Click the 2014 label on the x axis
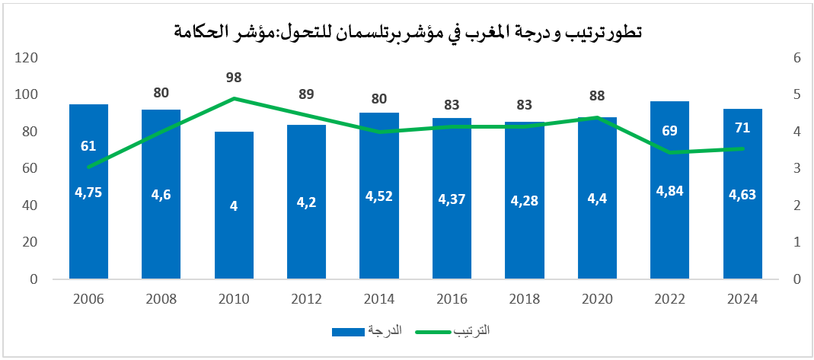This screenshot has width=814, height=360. coord(379,298)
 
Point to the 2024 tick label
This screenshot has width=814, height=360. coord(742,298)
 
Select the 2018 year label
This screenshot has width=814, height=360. coord(525,298)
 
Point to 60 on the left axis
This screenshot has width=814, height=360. coord(30,168)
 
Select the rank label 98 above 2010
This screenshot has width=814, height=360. coord(234,78)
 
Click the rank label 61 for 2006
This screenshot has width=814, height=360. coord(88,145)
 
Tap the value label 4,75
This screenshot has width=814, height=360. coord(88,192)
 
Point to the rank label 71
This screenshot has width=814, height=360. coord(742,127)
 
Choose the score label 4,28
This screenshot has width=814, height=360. coord(525,200)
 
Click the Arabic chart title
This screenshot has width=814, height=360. coord(407,32)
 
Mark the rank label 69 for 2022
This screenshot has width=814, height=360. coord(669,130)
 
